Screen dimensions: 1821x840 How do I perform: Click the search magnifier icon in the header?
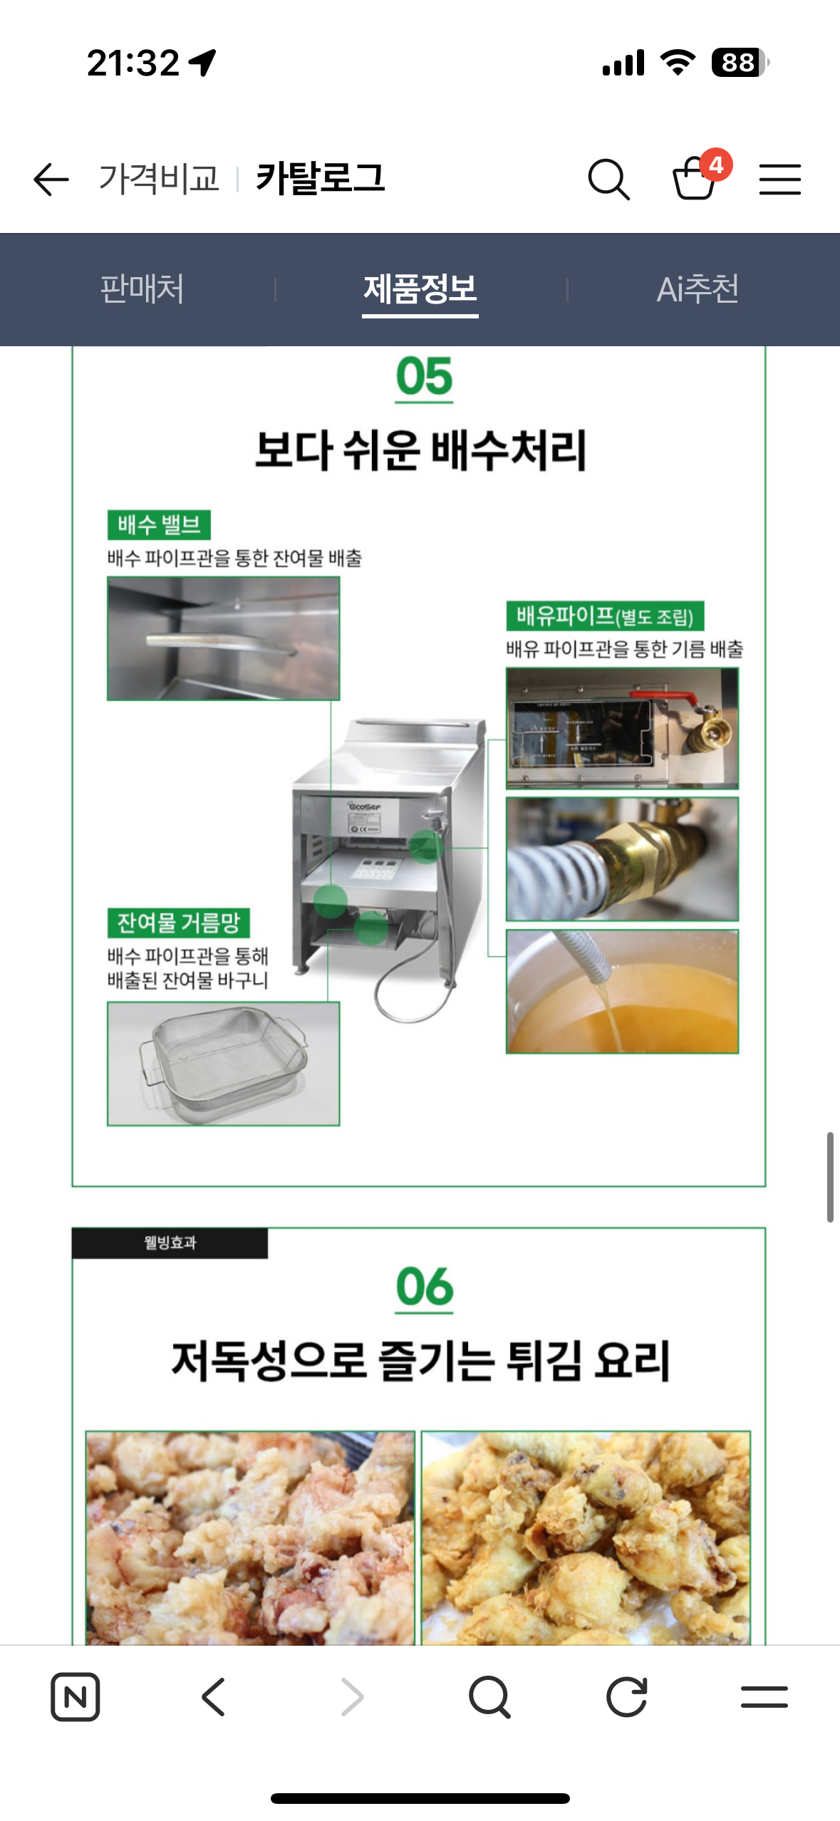click(x=608, y=179)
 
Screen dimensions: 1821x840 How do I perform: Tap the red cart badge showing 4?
click(x=715, y=165)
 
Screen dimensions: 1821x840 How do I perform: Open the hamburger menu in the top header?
click(x=779, y=179)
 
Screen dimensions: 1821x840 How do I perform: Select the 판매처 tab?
click(x=142, y=289)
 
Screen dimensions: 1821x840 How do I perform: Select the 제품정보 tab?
click(x=420, y=289)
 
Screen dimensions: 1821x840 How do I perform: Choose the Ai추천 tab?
click(x=697, y=289)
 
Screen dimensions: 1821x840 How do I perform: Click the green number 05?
click(x=424, y=377)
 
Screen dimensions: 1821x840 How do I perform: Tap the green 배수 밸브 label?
click(x=159, y=525)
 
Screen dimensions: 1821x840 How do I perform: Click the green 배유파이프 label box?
click(x=605, y=616)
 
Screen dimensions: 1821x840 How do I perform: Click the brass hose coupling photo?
click(x=622, y=858)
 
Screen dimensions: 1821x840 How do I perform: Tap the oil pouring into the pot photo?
click(x=622, y=991)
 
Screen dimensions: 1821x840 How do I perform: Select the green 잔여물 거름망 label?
click(x=178, y=923)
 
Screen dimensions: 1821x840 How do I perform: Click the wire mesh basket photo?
click(x=223, y=1063)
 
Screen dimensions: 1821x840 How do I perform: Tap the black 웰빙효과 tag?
click(x=170, y=1242)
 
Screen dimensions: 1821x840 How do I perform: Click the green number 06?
click(x=424, y=1287)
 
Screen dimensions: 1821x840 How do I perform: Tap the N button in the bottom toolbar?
click(x=75, y=1696)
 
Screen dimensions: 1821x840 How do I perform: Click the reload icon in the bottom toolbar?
click(x=626, y=1696)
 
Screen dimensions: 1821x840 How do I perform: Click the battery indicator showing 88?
click(x=739, y=63)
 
